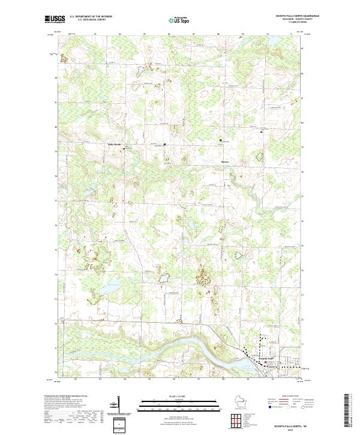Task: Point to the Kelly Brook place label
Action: [114, 145]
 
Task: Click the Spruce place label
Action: [226, 162]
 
